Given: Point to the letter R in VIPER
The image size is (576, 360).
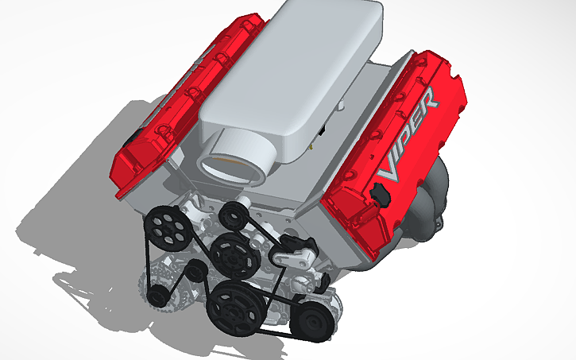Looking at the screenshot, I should coord(426,103).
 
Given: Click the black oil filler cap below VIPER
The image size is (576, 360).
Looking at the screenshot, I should coord(379,193).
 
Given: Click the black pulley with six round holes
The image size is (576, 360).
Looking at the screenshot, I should coord(166,226).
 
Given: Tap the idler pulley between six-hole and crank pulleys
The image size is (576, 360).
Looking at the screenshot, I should coord(195,275).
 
